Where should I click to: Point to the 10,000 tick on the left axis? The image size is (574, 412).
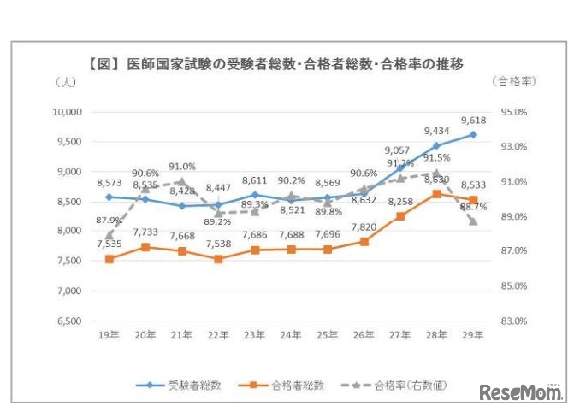point(65,112)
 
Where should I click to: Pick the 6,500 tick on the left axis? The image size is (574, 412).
point(67,321)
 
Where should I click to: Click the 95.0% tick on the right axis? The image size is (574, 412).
point(514,112)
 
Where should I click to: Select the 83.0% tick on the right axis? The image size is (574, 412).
point(514,321)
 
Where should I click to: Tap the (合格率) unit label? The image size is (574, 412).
point(513,82)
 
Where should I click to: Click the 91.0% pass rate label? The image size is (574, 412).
point(182,167)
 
